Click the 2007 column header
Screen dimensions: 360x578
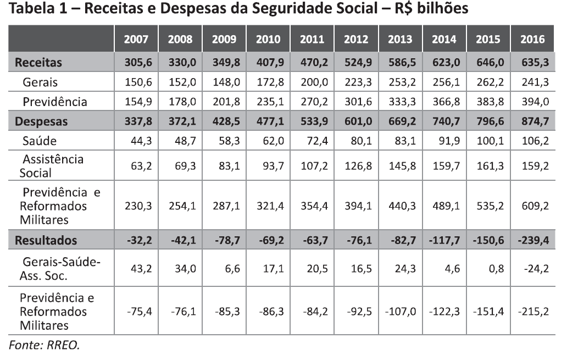click(136, 39)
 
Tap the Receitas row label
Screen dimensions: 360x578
click(38, 63)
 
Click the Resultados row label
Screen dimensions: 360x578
click(46, 240)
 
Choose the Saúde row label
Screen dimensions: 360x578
click(40, 141)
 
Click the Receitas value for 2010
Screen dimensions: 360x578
click(268, 63)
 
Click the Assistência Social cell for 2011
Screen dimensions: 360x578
click(313, 166)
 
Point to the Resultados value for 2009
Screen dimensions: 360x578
click(224, 240)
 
